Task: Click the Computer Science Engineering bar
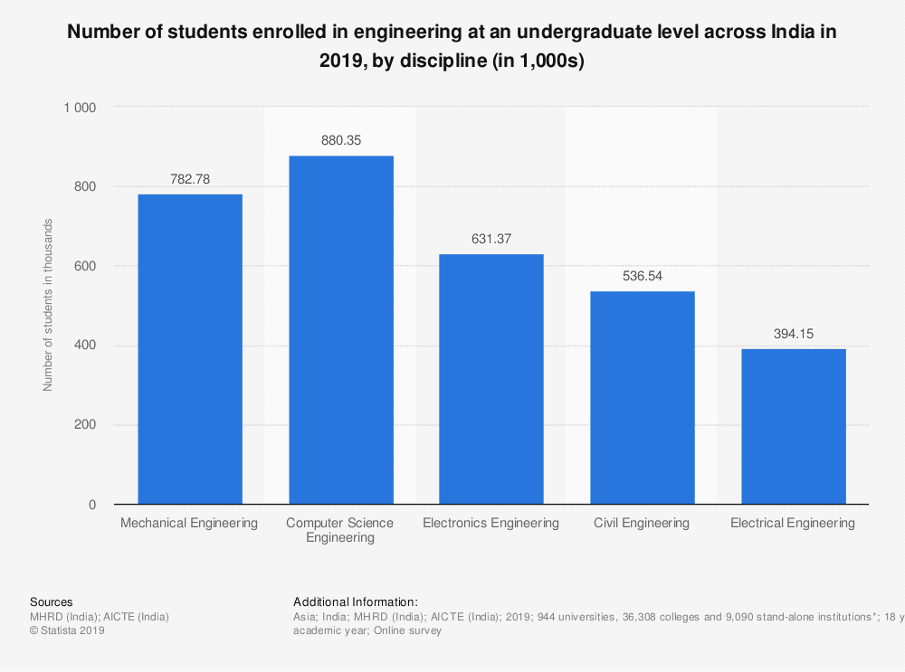coord(341,330)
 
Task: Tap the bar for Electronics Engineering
coord(491,379)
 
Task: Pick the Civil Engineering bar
coord(643,398)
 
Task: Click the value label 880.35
coord(341,141)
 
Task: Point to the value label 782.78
coord(190,179)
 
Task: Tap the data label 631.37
coord(491,240)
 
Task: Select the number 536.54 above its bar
coord(643,277)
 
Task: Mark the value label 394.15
coord(794,334)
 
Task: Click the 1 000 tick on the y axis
coord(80,108)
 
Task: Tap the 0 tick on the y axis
coord(92,505)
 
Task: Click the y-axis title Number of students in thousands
coord(49,305)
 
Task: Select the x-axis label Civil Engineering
coord(642,523)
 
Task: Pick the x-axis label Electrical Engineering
coord(793,523)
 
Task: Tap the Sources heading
coord(52,601)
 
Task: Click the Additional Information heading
coord(356,601)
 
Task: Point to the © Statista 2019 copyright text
coord(68,630)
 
